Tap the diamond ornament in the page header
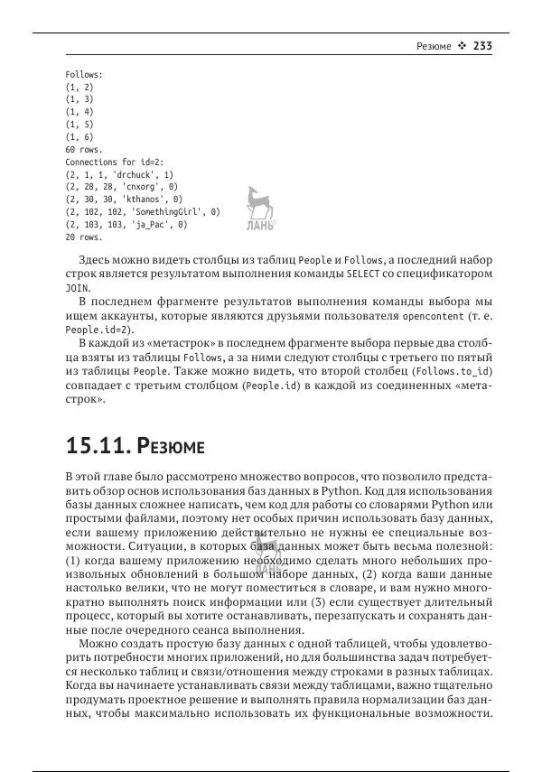coord(461,46)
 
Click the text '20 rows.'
coord(83,237)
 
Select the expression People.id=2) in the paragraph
coord(92,329)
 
